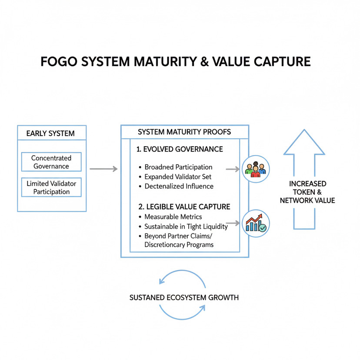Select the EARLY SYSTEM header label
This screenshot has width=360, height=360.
tap(50, 133)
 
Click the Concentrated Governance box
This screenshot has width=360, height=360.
tap(51, 162)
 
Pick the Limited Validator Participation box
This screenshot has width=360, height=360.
tap(51, 187)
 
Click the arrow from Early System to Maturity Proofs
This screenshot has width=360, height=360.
tap(103, 169)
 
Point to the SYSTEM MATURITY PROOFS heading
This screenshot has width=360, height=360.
tap(184, 132)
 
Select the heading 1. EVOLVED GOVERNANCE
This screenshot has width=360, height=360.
tap(180, 149)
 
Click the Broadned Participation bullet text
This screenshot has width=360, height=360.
tap(178, 167)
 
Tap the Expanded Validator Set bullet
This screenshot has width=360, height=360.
tap(178, 177)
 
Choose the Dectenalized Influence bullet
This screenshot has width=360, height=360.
tap(179, 186)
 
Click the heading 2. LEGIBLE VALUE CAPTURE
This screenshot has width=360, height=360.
tap(184, 207)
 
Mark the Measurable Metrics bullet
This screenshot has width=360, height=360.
tap(173, 217)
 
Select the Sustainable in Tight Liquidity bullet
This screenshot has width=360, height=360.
tap(186, 227)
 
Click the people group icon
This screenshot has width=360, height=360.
tap(256, 169)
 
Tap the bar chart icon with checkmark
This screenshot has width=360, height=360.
tap(256, 223)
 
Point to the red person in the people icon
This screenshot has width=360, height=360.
tap(256, 172)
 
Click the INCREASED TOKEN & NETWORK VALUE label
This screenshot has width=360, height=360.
tap(307, 192)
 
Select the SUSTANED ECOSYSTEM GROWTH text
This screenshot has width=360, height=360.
tap(184, 297)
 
